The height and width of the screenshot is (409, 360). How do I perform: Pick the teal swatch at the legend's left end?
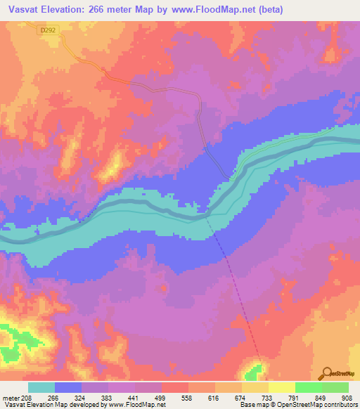[x=41, y=387]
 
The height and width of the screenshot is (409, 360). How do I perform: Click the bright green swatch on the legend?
[x=308, y=387]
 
